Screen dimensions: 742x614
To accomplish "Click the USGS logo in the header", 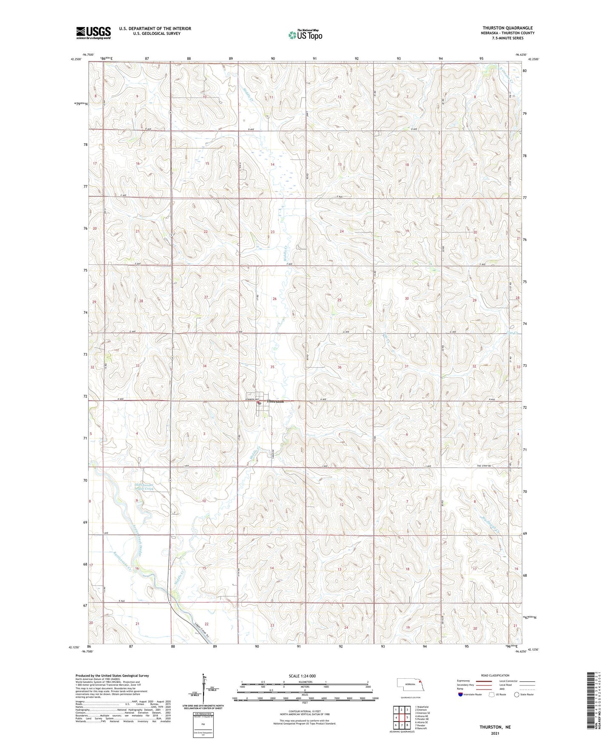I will [x=93, y=33].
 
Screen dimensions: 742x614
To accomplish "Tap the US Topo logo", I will [x=305, y=35].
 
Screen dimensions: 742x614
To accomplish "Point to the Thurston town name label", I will [x=275, y=401].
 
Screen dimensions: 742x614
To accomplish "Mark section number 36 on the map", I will [x=340, y=367].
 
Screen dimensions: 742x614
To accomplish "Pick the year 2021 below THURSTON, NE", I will [x=495, y=734].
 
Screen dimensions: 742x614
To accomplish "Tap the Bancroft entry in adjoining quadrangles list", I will [x=422, y=728].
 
